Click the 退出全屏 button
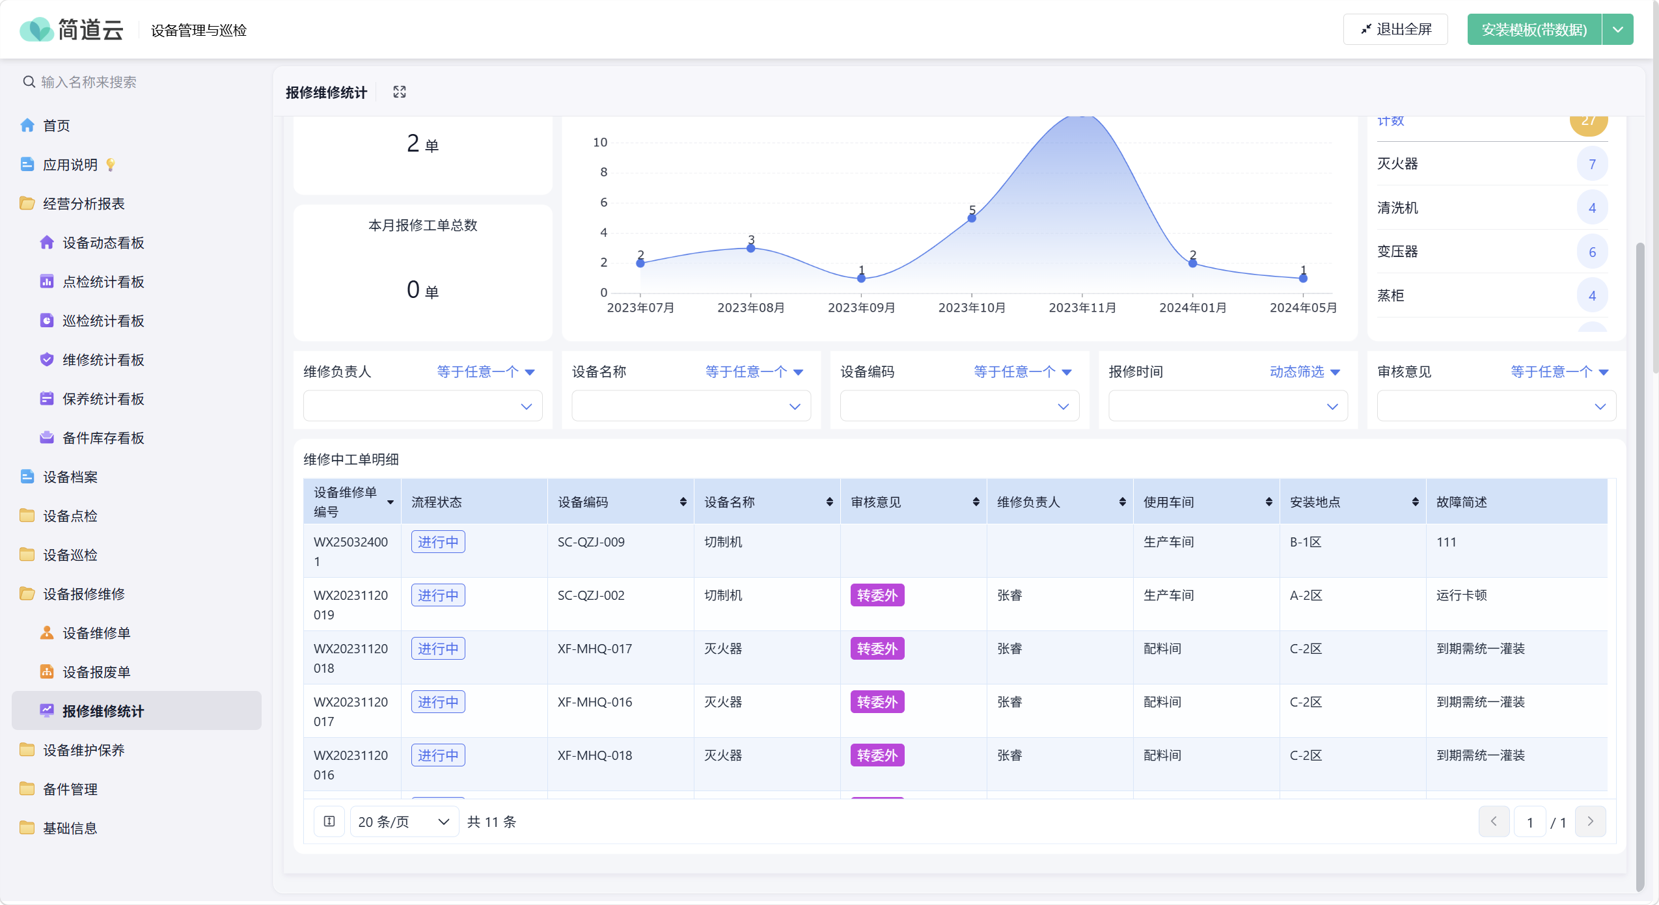(x=1395, y=29)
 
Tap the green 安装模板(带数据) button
(x=1533, y=29)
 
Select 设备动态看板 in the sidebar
(x=103, y=243)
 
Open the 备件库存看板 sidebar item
(x=103, y=438)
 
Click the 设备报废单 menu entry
(x=96, y=672)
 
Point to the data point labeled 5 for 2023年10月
(x=972, y=218)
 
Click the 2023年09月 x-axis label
(x=861, y=308)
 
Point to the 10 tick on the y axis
(x=599, y=142)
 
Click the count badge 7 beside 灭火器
(x=1592, y=164)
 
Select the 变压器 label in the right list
(x=1397, y=252)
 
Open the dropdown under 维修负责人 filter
(x=422, y=406)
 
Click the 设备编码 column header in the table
(x=583, y=502)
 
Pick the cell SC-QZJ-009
(x=591, y=542)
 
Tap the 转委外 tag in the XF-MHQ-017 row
(x=877, y=649)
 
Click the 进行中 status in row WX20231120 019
(x=438, y=595)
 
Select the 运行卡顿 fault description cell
(x=1461, y=595)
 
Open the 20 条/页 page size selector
(x=404, y=822)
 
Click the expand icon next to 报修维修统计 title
(x=400, y=92)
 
